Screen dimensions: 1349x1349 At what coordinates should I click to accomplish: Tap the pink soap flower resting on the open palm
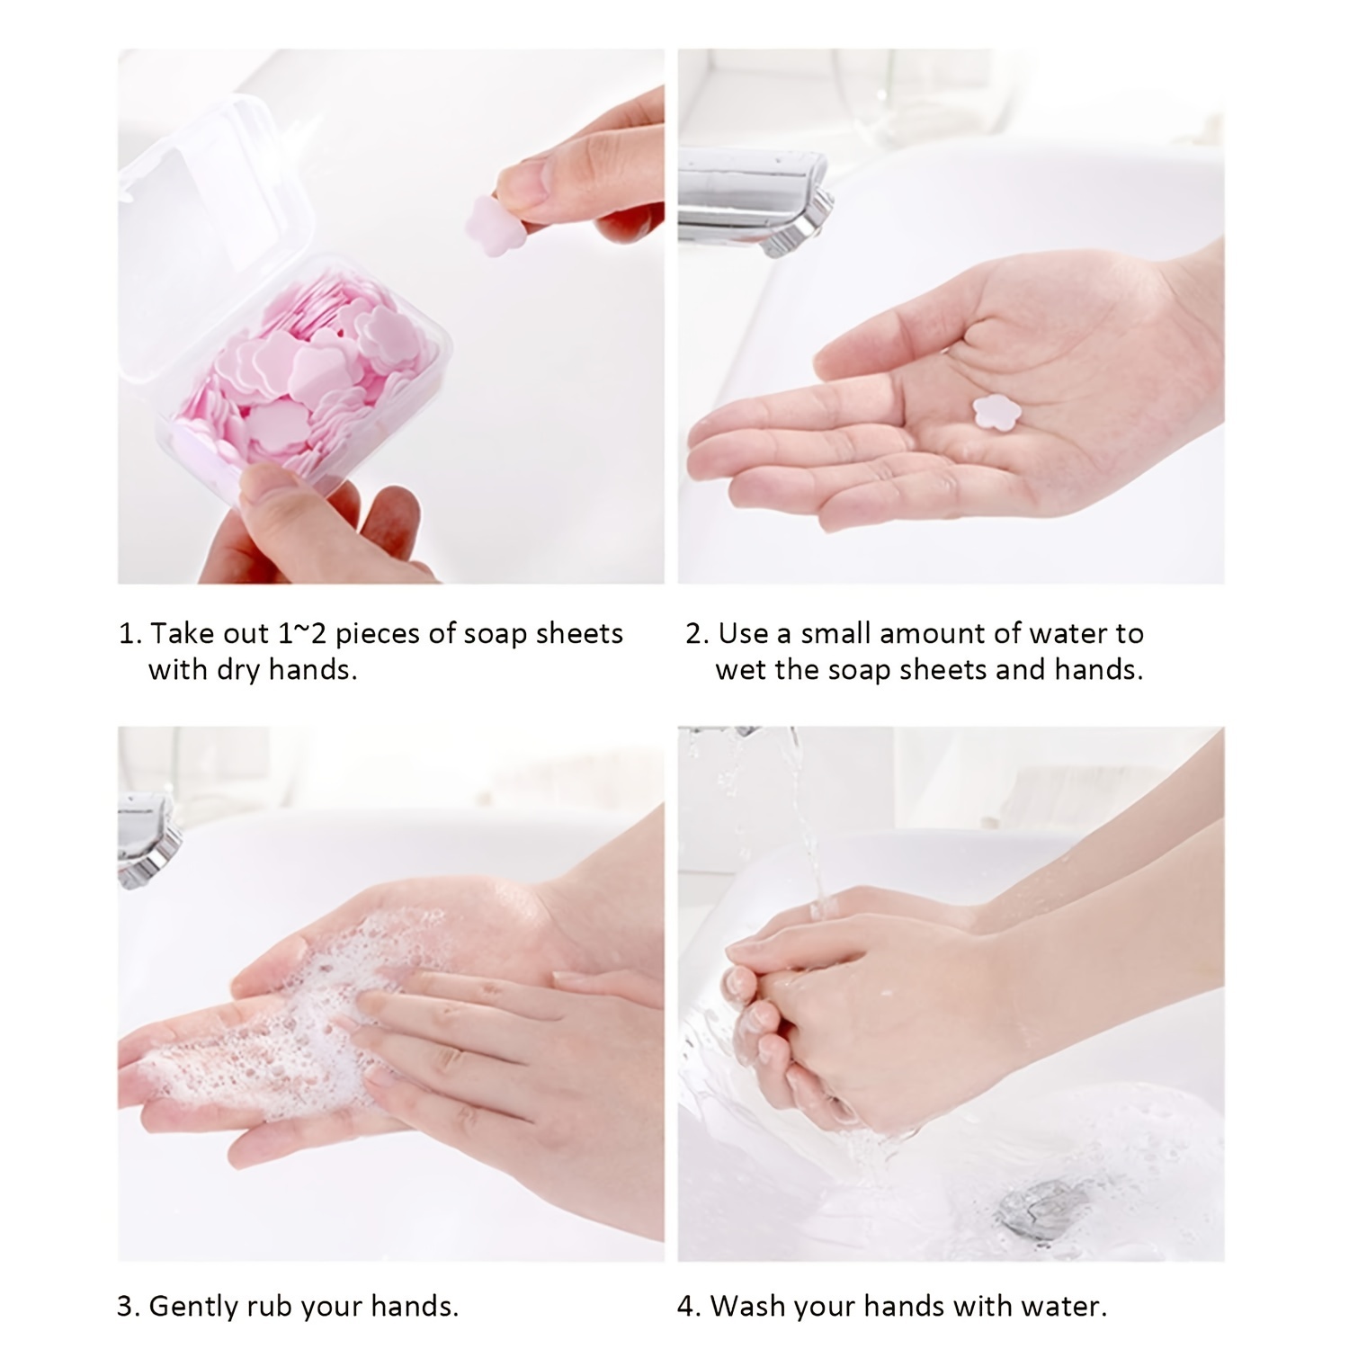[993, 412]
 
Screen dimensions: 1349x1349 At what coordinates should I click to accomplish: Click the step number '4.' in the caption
[688, 1307]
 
